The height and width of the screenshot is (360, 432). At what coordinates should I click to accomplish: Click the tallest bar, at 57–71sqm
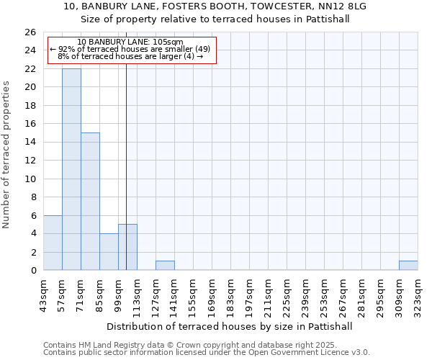point(71,169)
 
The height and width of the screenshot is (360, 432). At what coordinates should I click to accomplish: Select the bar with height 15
point(90,202)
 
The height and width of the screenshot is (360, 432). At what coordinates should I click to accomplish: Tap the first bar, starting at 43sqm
point(53,243)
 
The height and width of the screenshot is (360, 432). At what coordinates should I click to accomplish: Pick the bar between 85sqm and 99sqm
point(109,252)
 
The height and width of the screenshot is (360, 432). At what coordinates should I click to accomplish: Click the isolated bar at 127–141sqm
point(165,266)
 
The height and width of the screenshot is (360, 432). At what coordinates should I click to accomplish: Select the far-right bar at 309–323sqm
point(408,266)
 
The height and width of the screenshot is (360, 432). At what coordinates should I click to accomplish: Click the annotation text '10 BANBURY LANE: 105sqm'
point(130,42)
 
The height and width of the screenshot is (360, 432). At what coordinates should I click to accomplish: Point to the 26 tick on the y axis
point(31,32)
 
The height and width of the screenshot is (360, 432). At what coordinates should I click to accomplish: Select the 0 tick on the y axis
point(34,271)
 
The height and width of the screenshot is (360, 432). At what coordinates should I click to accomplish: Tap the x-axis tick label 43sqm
point(43,294)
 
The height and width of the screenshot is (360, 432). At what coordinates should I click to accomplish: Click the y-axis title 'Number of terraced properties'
point(6,154)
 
